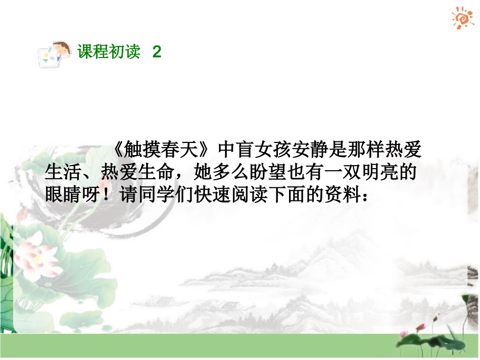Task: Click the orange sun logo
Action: point(462,18)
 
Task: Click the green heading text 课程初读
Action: point(109,52)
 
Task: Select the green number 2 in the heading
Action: point(157,52)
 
